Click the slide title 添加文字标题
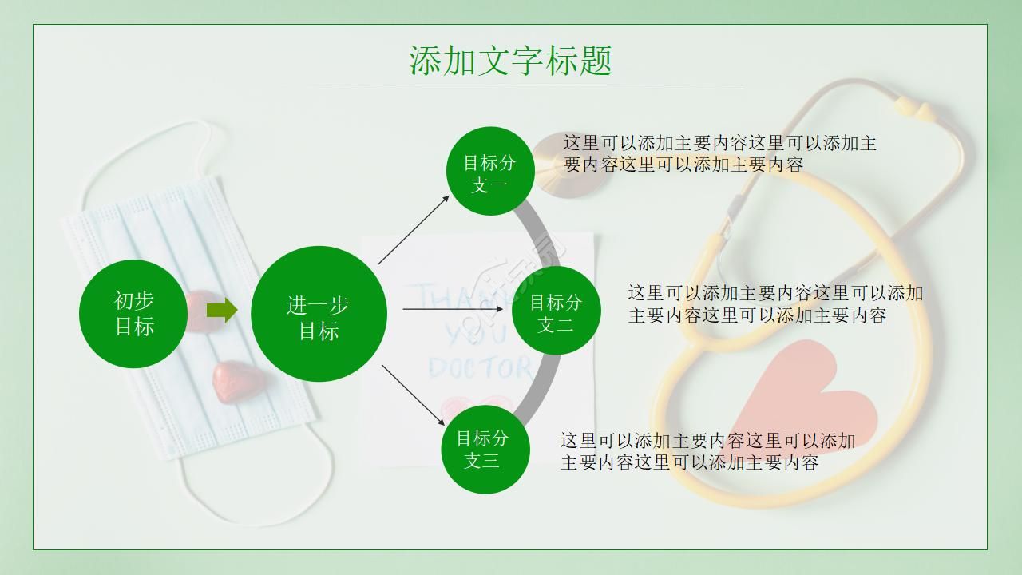click(x=511, y=61)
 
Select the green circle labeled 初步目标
click(x=134, y=314)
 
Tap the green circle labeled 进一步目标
click(x=319, y=314)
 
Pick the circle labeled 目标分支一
click(x=489, y=171)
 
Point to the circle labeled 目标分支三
click(x=485, y=450)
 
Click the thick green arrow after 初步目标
click(x=222, y=310)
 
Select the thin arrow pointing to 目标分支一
click(x=414, y=228)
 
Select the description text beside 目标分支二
click(x=774, y=304)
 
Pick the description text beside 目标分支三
click(x=707, y=451)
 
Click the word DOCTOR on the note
click(x=480, y=367)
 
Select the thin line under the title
click(x=523, y=85)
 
